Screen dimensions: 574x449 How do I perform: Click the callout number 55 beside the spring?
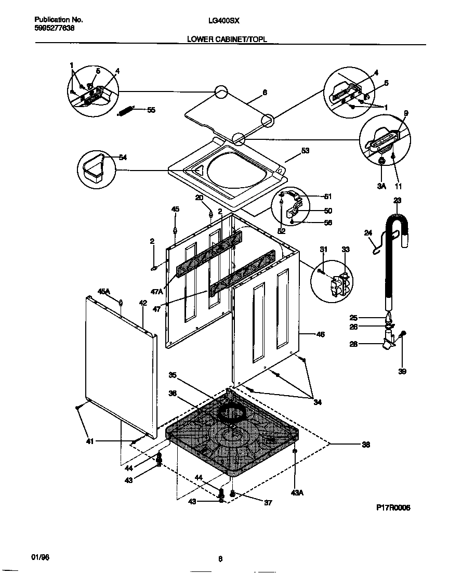(151, 110)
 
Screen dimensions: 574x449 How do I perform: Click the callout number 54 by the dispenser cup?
(123, 158)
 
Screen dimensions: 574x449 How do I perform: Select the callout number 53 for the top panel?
(305, 151)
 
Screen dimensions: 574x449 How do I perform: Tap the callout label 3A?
(382, 186)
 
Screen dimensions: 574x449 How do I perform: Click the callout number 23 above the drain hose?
(397, 200)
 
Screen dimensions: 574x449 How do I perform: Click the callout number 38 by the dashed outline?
(366, 444)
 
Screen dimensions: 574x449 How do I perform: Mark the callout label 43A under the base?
(297, 492)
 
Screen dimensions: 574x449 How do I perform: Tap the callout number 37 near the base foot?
(268, 503)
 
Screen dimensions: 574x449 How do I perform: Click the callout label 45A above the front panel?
(104, 292)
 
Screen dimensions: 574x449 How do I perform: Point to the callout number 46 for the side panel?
(320, 334)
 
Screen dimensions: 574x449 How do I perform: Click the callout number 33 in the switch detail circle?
(346, 250)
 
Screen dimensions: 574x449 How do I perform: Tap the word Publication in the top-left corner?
(46, 20)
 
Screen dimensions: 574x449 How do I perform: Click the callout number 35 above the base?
(173, 375)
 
